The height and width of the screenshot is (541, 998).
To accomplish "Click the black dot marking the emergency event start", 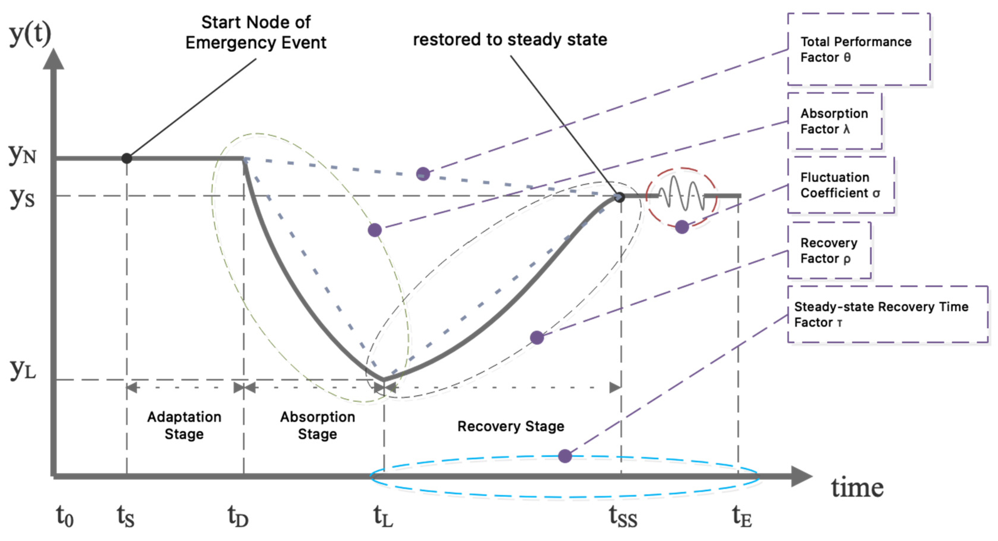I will tap(127, 158).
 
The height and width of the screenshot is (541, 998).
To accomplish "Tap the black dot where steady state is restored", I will tap(619, 197).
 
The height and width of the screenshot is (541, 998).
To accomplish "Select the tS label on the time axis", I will tap(126, 517).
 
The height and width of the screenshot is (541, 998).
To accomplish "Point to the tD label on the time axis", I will tap(237, 517).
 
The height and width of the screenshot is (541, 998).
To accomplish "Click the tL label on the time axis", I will tap(383, 517).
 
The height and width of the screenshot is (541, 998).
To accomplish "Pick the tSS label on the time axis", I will tap(623, 517).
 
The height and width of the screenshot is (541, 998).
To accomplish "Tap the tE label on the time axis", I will tap(742, 517).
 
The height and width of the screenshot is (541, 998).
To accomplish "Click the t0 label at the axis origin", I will tap(65, 517).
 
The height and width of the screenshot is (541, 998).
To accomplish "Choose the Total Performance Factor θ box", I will tap(859, 49).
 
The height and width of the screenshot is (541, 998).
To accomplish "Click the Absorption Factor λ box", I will tap(835, 121).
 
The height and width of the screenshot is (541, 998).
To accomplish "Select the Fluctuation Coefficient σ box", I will tap(841, 185).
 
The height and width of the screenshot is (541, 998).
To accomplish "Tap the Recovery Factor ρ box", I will tap(829, 250).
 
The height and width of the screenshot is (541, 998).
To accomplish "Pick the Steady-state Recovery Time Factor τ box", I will tap(887, 314).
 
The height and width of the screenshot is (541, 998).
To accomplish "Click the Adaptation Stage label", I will tap(184, 425).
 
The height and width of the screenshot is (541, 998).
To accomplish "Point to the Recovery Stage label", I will tap(511, 426).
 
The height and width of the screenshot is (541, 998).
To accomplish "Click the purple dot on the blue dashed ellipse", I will tap(565, 456).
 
